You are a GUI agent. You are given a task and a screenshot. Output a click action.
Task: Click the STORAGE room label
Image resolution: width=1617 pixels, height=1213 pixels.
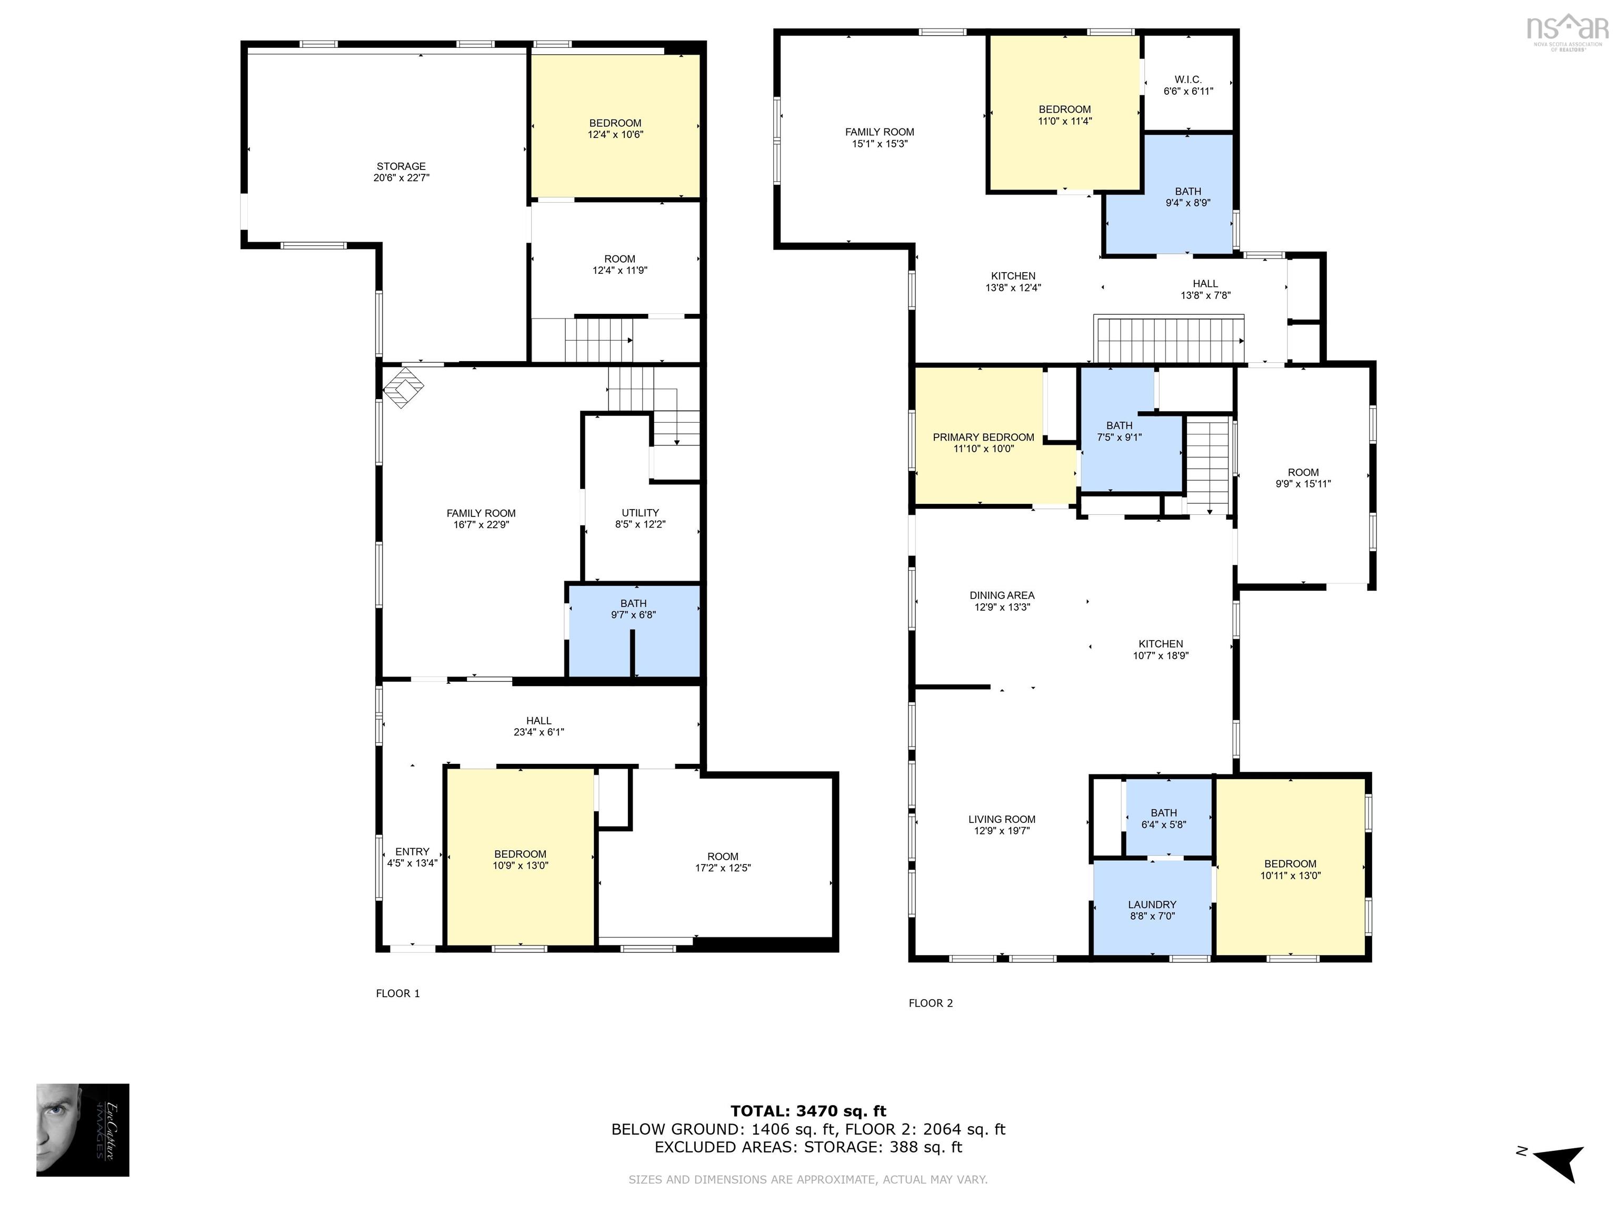401,166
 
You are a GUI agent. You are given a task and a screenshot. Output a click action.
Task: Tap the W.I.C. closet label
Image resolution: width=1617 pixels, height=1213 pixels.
1188,79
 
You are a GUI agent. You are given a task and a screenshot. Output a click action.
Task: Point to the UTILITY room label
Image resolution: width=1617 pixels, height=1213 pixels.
641,513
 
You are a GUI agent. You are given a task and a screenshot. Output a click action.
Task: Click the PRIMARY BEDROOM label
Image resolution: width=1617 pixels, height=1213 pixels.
983,437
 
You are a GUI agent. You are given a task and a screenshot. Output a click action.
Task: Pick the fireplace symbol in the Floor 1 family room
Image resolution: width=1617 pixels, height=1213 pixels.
404,387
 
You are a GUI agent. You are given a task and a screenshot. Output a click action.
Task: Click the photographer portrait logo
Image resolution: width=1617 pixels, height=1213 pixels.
83,1130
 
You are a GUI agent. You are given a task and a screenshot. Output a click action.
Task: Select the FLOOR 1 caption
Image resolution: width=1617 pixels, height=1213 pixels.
398,993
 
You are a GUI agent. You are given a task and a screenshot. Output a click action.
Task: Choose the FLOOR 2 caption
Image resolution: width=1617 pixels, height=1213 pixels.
931,1003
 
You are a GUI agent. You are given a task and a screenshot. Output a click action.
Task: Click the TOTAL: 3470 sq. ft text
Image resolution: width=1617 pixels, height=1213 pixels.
808,1111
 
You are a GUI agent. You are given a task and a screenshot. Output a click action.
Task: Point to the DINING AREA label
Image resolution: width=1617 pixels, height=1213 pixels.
1002,595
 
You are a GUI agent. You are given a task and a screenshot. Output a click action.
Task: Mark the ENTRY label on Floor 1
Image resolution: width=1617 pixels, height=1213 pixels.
412,851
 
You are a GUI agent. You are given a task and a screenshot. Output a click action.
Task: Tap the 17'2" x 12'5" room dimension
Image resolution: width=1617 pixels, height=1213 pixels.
723,868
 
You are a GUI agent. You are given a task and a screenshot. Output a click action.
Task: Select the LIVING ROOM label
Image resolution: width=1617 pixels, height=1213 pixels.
1002,819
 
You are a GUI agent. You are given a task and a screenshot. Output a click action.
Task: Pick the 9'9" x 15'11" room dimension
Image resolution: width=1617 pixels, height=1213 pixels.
1303,483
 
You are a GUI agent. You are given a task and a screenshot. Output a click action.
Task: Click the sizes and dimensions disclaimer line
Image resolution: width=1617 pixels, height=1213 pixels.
808,1179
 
